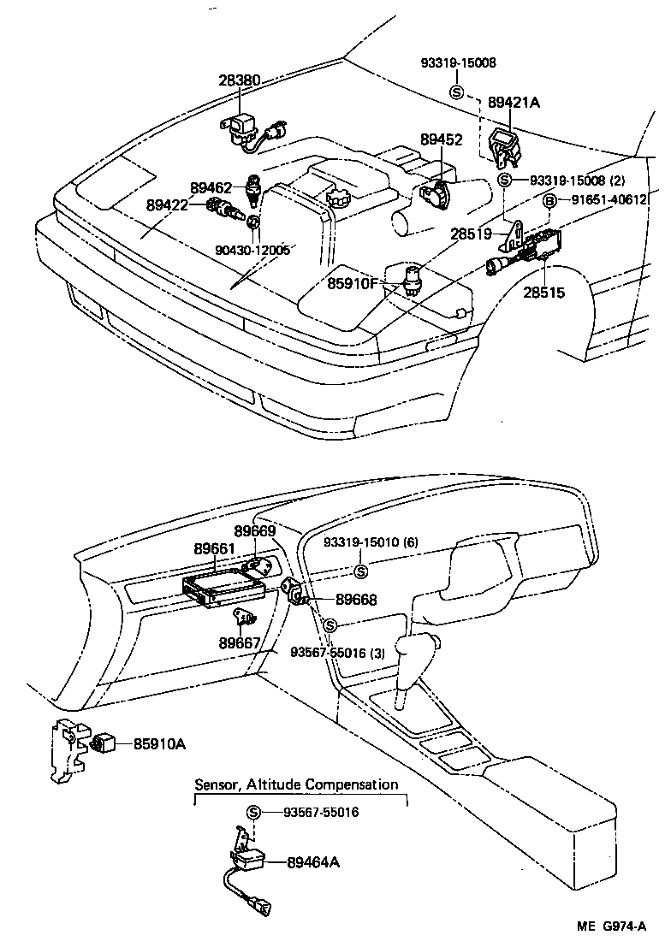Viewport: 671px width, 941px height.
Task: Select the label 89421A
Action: click(x=514, y=102)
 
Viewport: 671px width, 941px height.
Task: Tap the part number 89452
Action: click(x=442, y=139)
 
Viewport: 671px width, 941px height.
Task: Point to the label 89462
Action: click(x=212, y=187)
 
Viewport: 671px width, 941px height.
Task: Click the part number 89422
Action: click(x=168, y=204)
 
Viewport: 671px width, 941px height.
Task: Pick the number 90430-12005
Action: click(x=252, y=250)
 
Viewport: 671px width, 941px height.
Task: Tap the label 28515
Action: click(x=544, y=293)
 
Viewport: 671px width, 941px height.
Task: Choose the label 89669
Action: click(x=255, y=531)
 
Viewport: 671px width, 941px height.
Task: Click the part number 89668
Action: click(x=356, y=601)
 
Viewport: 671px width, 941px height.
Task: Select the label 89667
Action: click(x=239, y=642)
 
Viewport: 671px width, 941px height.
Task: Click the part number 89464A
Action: click(x=313, y=862)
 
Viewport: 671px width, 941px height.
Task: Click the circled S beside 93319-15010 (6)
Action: click(x=360, y=571)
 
